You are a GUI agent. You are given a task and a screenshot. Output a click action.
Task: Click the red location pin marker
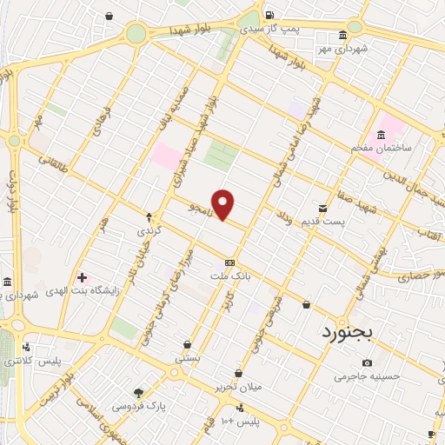[223, 203]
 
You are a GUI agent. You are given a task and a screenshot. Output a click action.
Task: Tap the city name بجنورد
[347, 331]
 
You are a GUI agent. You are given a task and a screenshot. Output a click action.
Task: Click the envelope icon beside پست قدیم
[323, 208]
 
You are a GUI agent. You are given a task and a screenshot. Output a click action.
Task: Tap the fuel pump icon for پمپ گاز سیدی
[269, 15]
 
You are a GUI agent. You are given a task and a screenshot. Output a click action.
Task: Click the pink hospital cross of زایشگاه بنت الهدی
[83, 277]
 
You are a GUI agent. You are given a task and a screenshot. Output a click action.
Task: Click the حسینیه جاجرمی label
[367, 377]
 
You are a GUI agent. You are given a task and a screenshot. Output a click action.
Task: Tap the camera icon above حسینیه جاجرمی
[367, 362]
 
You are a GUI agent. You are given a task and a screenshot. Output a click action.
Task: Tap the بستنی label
[188, 356]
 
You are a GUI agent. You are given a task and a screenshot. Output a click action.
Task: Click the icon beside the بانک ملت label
[229, 262]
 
